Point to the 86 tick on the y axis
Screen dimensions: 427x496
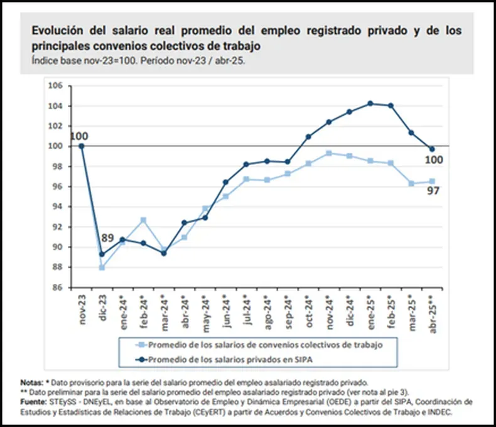point(58,288)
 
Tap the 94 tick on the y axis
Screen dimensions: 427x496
point(58,207)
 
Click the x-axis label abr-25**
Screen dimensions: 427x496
point(432,312)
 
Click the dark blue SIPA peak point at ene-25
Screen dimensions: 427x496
point(370,103)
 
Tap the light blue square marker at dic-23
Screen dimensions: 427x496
point(102,268)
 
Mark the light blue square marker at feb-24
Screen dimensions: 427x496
point(143,220)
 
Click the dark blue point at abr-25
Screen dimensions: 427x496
point(432,149)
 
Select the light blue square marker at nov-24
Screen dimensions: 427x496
point(328,153)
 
